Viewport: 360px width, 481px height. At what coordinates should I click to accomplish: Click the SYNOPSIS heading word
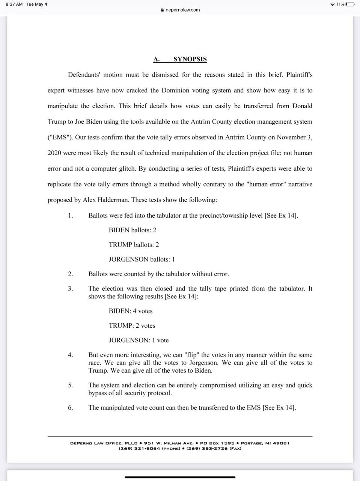point(190,59)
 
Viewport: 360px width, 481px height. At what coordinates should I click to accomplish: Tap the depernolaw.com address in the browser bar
point(182,10)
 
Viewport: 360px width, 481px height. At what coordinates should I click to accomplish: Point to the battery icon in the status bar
point(350,4)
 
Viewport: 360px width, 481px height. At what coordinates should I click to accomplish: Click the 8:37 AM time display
point(14,4)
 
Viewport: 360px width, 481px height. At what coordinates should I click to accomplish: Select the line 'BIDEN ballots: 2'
point(132,230)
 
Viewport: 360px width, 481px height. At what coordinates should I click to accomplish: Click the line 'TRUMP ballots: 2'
point(134,245)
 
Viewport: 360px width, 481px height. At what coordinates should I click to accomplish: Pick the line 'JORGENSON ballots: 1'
point(142,259)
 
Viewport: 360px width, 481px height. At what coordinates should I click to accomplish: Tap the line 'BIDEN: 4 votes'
point(130,311)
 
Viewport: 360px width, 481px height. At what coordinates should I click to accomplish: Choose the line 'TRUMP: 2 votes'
point(132,326)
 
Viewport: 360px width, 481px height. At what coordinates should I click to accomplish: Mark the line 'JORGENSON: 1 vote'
point(139,340)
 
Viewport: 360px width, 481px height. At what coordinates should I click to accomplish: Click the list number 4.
point(70,355)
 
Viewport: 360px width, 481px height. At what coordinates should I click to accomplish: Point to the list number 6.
point(70,408)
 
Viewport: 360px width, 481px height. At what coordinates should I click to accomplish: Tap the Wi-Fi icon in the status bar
point(332,4)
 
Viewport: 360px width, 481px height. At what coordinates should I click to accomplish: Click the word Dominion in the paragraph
point(176,91)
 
